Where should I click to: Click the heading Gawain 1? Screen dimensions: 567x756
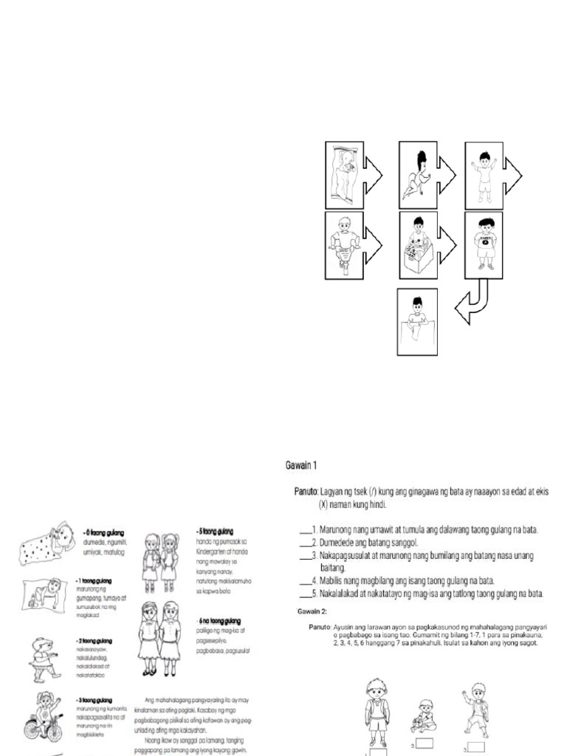300,465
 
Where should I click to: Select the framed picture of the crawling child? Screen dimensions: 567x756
417,175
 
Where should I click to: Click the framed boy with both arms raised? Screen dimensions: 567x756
484,175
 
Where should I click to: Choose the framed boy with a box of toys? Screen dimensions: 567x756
418,244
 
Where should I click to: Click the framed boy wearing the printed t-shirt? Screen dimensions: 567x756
484,244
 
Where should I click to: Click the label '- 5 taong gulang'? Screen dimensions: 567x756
215,531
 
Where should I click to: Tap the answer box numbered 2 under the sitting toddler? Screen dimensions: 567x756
425,743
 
